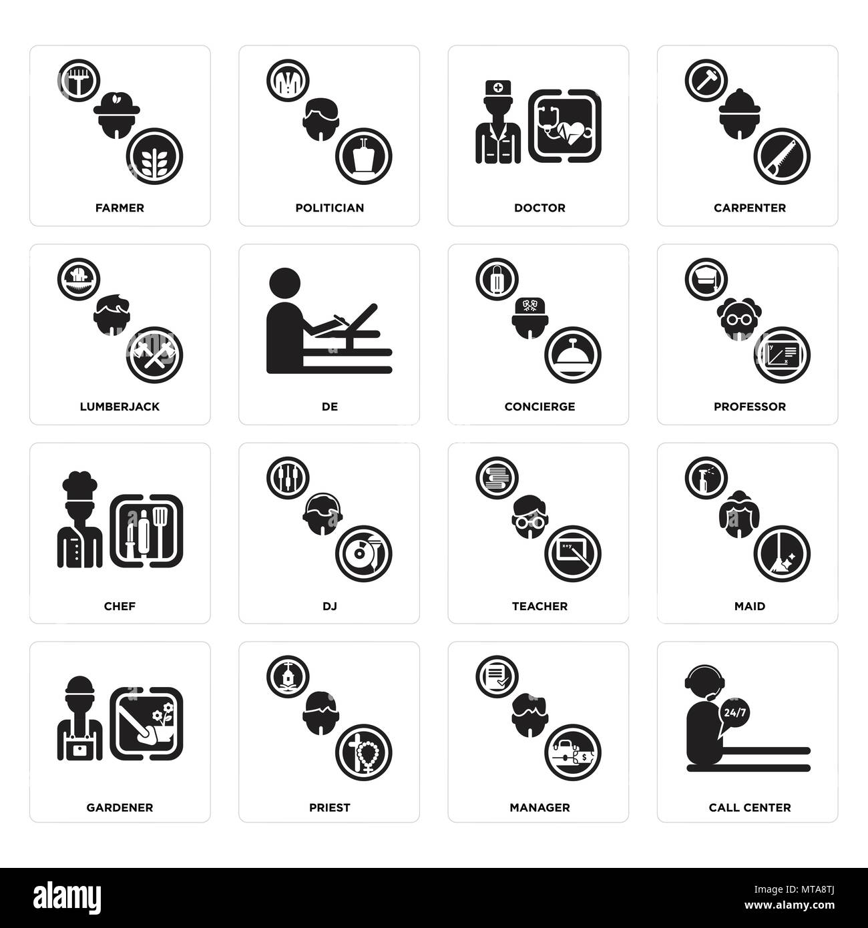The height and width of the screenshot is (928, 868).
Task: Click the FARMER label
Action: click(120, 208)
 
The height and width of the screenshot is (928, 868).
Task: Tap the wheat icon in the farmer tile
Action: click(154, 156)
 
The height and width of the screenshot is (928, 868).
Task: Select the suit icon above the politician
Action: click(288, 80)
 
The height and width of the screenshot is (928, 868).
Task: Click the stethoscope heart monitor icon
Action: click(565, 126)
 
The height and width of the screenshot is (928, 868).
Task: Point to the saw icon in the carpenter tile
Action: click(782, 156)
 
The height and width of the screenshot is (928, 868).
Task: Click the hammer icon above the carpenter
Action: click(706, 80)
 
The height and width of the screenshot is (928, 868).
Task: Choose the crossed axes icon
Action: click(154, 355)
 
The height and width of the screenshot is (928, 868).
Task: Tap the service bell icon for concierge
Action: click(573, 355)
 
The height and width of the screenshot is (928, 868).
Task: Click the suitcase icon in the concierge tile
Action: click(497, 280)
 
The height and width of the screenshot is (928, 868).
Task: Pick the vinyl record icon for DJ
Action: click(363, 553)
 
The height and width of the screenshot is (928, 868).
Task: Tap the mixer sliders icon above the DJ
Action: click(288, 478)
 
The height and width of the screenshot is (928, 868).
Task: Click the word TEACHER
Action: click(539, 606)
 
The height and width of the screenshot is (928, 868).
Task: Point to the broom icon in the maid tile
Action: click(782, 553)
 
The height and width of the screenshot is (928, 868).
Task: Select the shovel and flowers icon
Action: click(146, 724)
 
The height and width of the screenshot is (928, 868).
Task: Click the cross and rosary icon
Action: click(363, 753)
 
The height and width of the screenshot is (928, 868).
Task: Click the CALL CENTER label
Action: click(750, 807)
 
